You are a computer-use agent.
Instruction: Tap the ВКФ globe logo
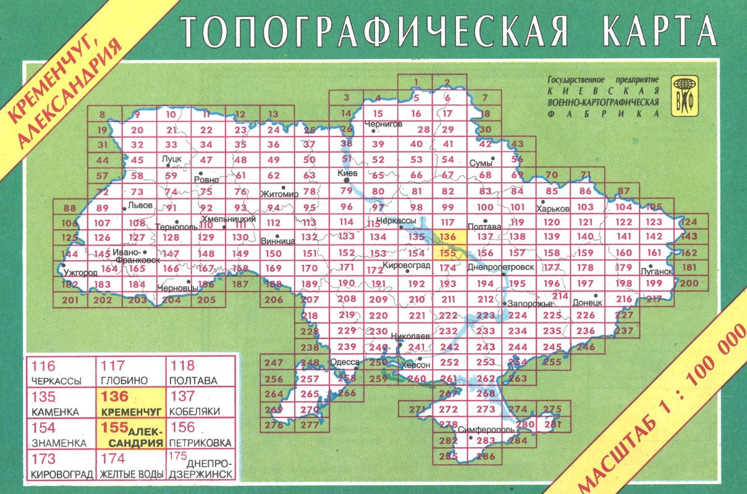point(685,96)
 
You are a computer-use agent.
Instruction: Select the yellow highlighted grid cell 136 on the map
point(449,237)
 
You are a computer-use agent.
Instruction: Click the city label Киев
point(348,174)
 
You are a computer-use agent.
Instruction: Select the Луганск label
point(657,271)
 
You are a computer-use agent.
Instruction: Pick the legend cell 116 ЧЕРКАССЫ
point(61,372)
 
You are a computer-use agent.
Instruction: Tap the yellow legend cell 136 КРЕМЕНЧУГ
point(130,402)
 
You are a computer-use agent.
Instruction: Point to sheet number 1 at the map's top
point(416,82)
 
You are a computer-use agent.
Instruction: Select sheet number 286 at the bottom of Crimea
point(486,457)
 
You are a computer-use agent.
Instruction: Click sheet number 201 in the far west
point(72,301)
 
